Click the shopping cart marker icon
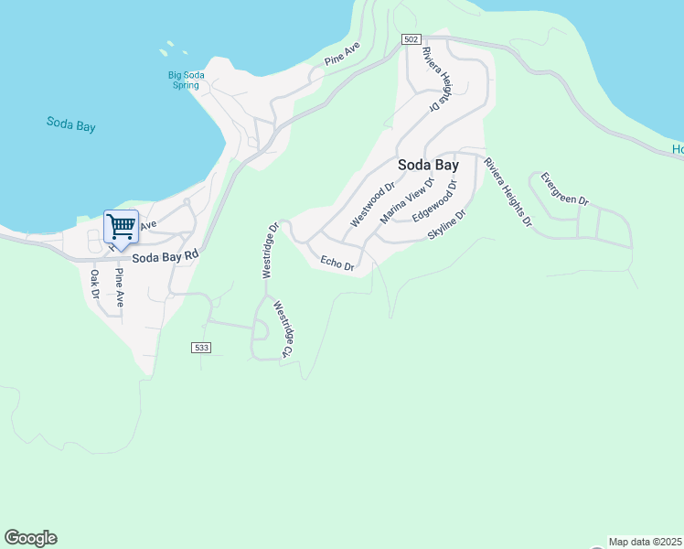pyautogui.click(x=121, y=225)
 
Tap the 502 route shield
pyautogui.click(x=411, y=39)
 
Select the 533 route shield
pyautogui.click(x=202, y=348)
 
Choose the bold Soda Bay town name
pyautogui.click(x=428, y=166)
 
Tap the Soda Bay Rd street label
pyautogui.click(x=165, y=258)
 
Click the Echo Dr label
pyautogui.click(x=337, y=264)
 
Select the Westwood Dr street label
pyautogui.click(x=372, y=205)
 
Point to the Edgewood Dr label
pyautogui.click(x=433, y=205)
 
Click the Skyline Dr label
pyautogui.click(x=447, y=225)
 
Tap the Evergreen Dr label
pyautogui.click(x=564, y=188)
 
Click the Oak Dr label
pyautogui.click(x=94, y=285)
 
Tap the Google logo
pyautogui.click(x=30, y=538)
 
